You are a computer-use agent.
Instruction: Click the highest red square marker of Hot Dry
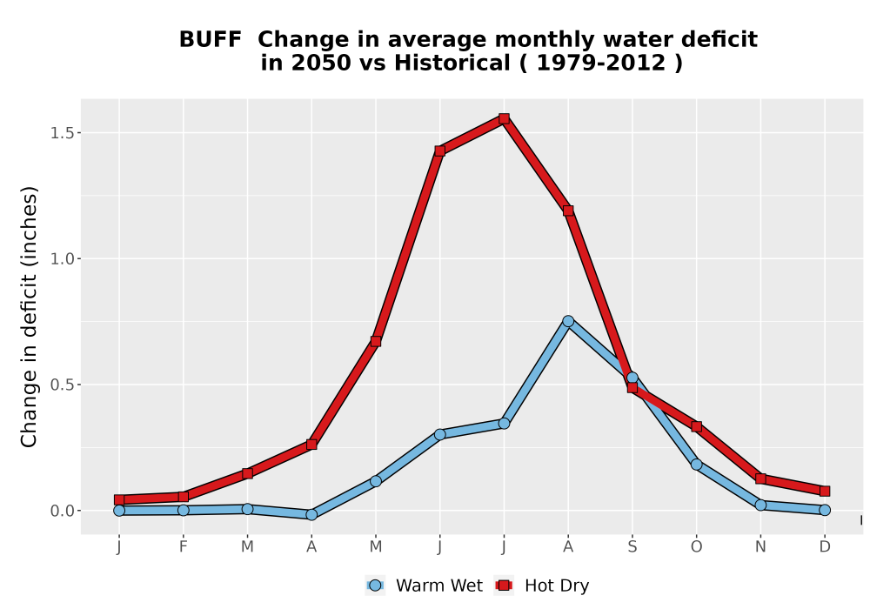[504, 118]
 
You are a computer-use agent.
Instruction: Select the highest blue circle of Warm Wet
[568, 321]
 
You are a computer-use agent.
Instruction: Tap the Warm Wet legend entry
[425, 586]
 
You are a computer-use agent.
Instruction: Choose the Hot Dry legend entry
[541, 586]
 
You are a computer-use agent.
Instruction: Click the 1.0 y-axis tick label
[62, 259]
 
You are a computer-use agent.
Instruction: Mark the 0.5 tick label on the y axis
[62, 385]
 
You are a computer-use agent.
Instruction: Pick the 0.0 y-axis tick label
[62, 511]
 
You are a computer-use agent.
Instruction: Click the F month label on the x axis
[183, 547]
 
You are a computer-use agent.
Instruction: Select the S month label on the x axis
[632, 547]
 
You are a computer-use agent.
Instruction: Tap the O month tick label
[696, 547]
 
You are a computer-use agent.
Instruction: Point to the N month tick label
[760, 547]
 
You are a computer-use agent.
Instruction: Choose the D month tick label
[825, 547]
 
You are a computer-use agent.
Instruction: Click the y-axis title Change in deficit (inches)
[29, 317]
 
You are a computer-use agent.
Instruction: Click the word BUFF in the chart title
[211, 40]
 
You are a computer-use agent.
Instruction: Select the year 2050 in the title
[321, 64]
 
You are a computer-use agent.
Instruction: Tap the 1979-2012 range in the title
[601, 64]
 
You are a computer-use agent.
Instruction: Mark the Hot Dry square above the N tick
[760, 478]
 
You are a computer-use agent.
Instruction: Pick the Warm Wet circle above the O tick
[696, 465]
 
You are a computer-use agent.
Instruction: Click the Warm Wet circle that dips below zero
[311, 515]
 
